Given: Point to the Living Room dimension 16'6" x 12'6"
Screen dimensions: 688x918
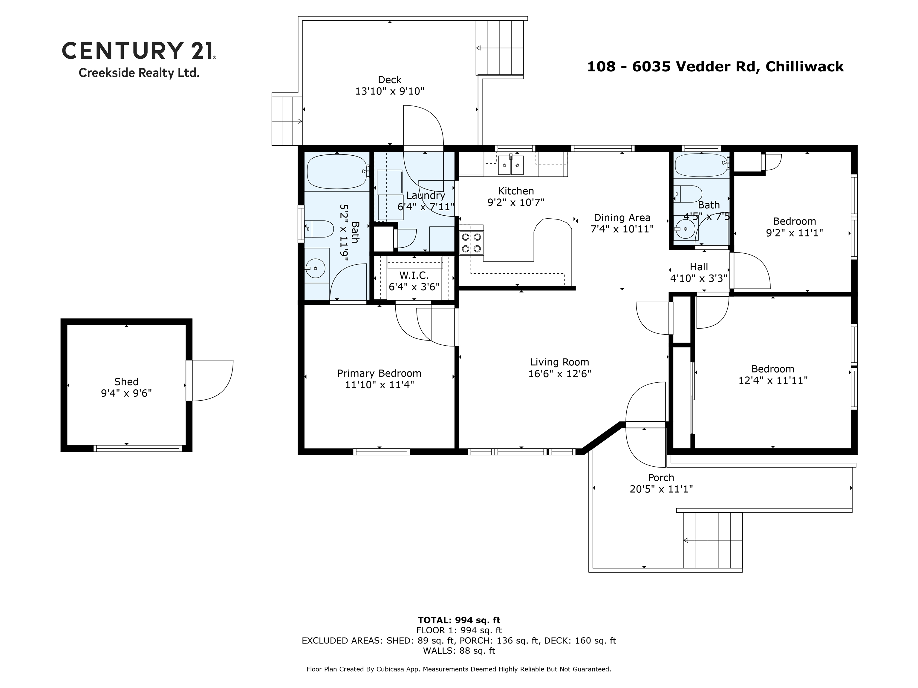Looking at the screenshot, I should pos(559,373).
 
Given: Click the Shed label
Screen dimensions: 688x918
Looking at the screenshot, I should pos(126,381).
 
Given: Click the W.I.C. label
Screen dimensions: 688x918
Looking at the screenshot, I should pos(414,275).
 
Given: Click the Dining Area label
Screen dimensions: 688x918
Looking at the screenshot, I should pos(622,217).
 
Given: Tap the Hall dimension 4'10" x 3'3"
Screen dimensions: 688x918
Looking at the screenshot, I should pos(699,278).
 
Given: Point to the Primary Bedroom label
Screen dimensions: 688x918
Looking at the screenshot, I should pos(379,373).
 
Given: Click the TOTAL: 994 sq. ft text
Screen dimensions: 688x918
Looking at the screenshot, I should pos(459,620).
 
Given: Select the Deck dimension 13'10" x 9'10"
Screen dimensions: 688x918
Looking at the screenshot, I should pos(389,91).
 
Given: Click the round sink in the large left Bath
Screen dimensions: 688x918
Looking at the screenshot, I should pos(316,269).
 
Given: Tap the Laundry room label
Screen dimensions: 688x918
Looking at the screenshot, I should pos(426,195).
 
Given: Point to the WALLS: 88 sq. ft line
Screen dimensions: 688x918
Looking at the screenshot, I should pos(459,650).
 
